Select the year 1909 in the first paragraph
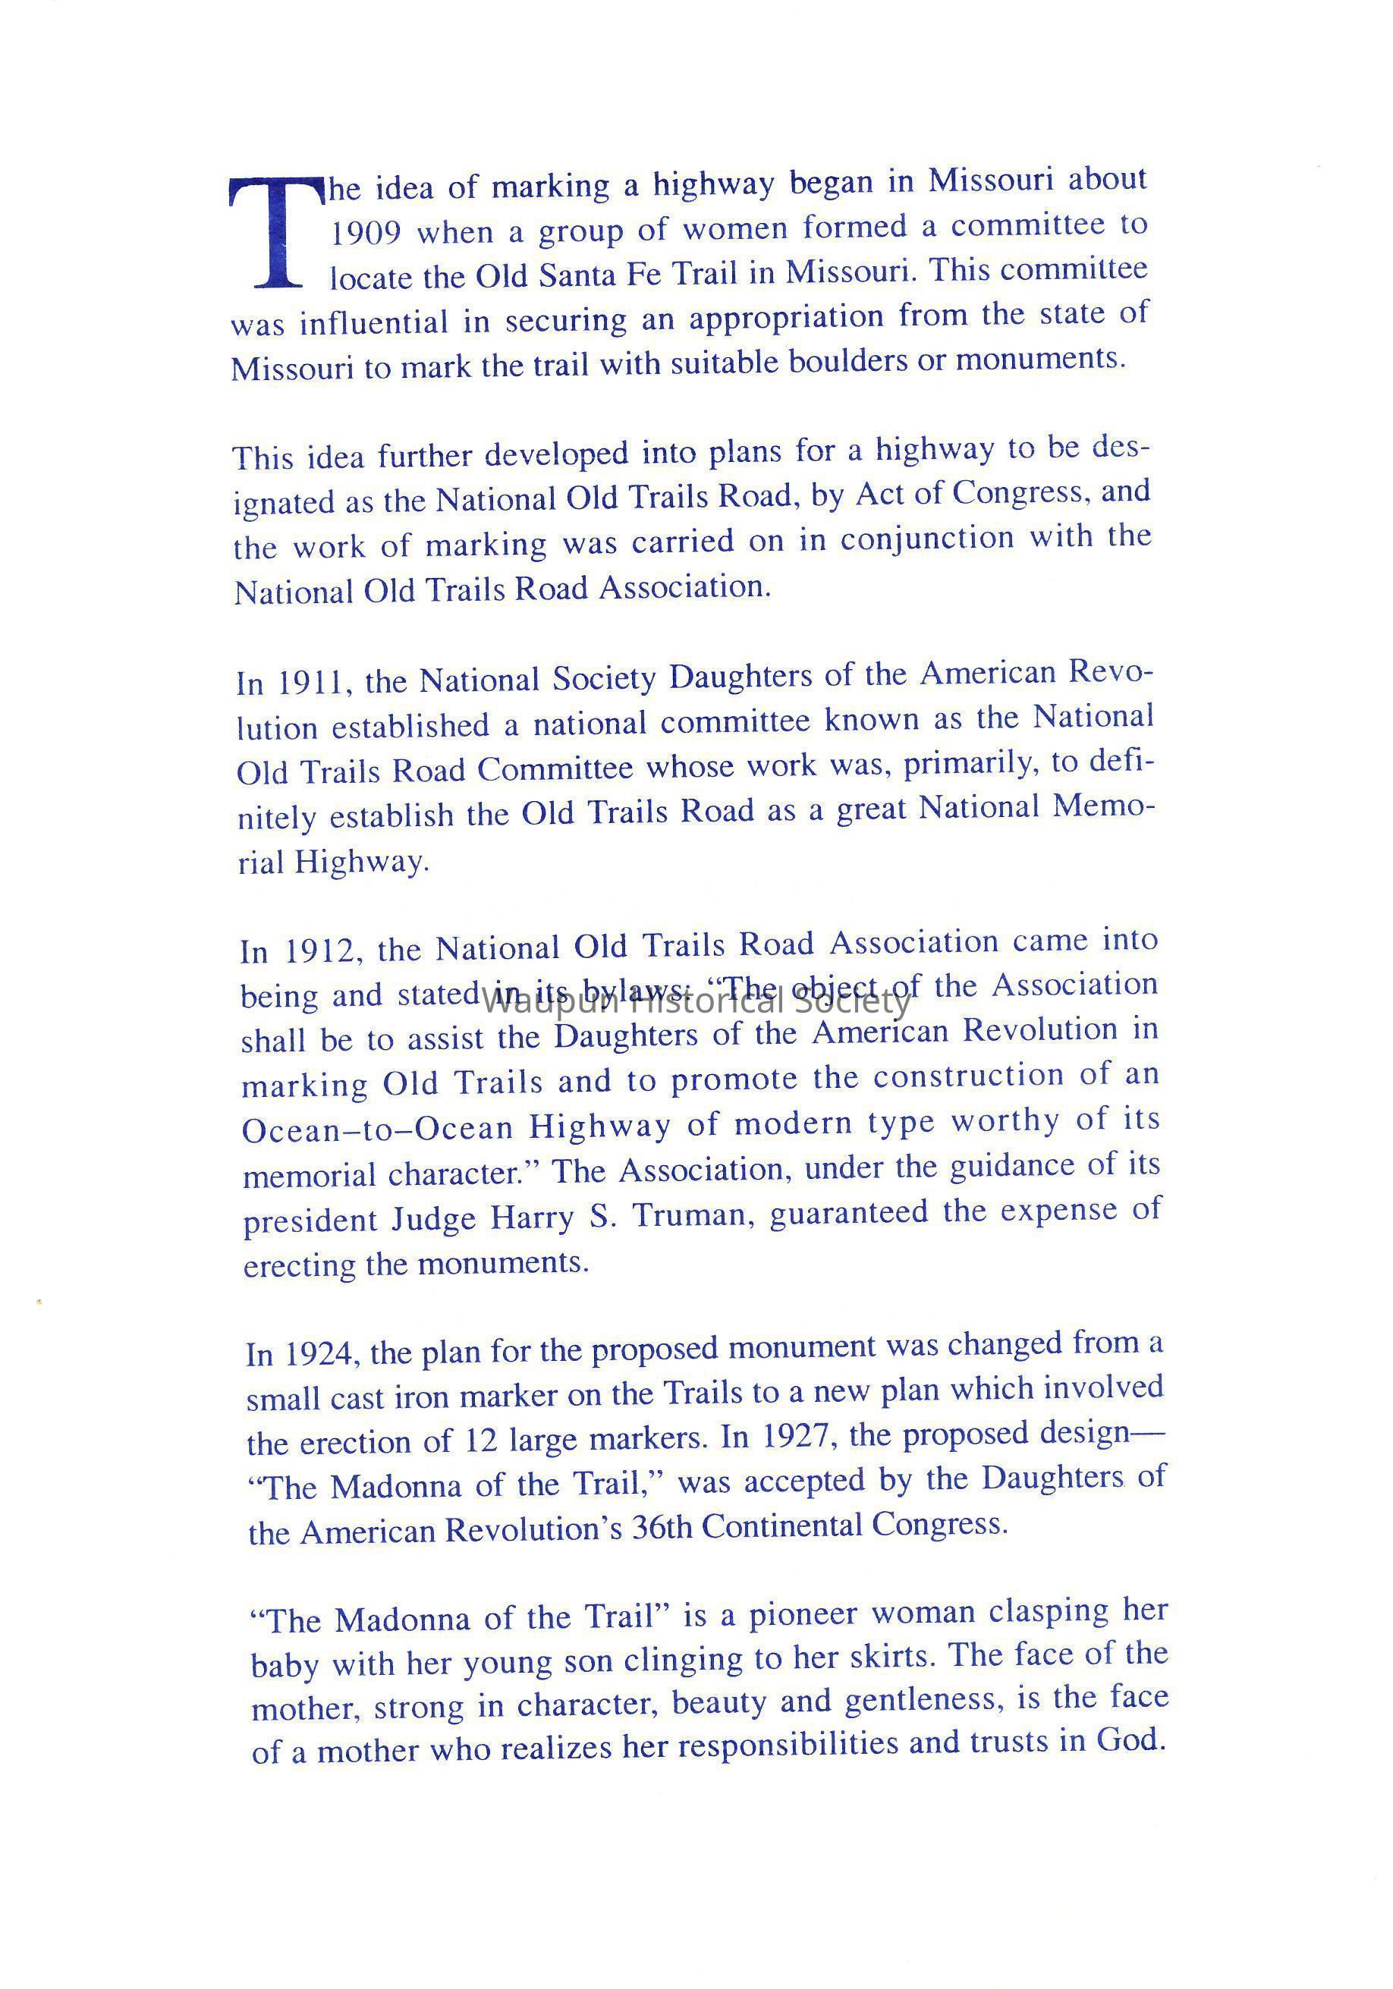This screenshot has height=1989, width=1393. tap(366, 233)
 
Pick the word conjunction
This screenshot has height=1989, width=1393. tap(926, 539)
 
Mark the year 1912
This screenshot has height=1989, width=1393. tap(320, 951)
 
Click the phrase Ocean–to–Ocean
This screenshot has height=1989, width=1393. tap(378, 1130)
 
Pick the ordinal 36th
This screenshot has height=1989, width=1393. tap(661, 1526)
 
